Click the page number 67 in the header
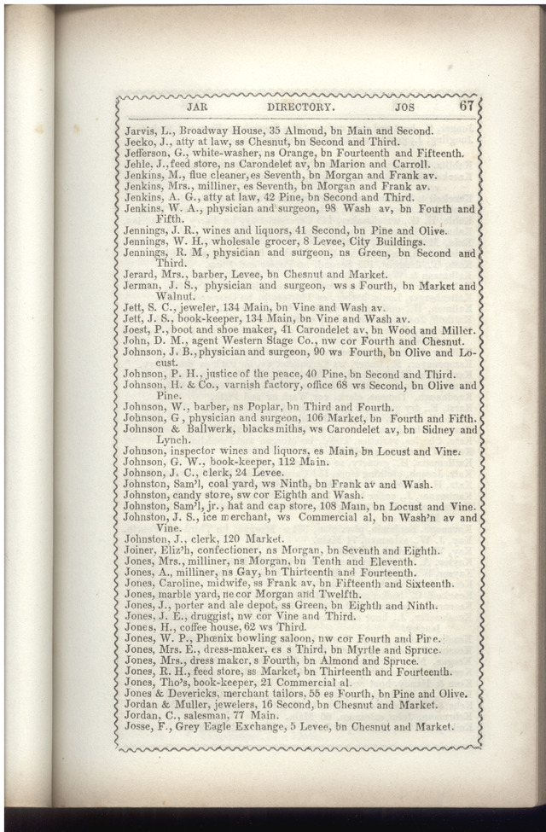(466, 107)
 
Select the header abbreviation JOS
(406, 108)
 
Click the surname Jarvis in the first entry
(138, 131)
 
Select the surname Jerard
(139, 275)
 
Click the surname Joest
(137, 330)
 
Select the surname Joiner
(139, 550)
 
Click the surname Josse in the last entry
(137, 727)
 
